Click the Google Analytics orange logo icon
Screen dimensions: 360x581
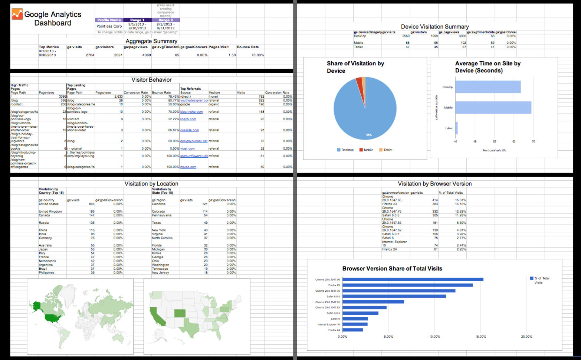point(17,14)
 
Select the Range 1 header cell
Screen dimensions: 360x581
point(137,20)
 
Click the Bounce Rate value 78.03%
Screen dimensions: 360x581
point(257,55)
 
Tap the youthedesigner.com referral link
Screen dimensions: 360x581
point(194,101)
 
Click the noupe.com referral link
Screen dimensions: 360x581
point(188,167)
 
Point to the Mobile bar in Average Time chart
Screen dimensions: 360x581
point(493,108)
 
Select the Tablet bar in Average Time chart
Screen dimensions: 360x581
point(456,128)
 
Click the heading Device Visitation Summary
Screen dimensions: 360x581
point(434,27)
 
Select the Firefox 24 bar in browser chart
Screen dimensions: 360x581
point(352,330)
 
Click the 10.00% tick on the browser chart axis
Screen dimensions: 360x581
point(434,337)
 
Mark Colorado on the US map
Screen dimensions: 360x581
point(180,313)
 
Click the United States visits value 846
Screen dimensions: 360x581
point(91,204)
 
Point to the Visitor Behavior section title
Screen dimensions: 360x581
point(151,80)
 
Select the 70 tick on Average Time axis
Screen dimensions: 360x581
point(533,141)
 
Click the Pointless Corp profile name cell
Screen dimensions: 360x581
point(109,26)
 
